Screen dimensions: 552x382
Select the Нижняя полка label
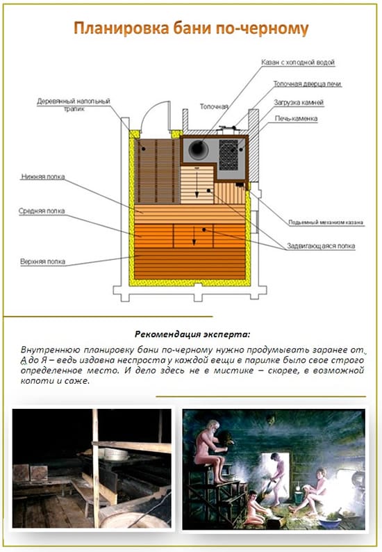43,177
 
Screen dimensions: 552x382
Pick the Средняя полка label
44,209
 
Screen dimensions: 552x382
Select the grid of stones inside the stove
231,152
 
